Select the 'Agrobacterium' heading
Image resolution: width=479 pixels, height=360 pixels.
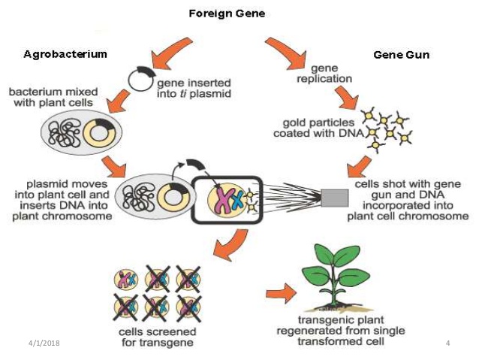pos(65,54)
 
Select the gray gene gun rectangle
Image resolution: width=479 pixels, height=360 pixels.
pos(333,198)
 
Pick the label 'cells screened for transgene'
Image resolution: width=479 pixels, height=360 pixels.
pos(158,337)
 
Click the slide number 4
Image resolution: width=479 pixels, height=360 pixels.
pos(447,343)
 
